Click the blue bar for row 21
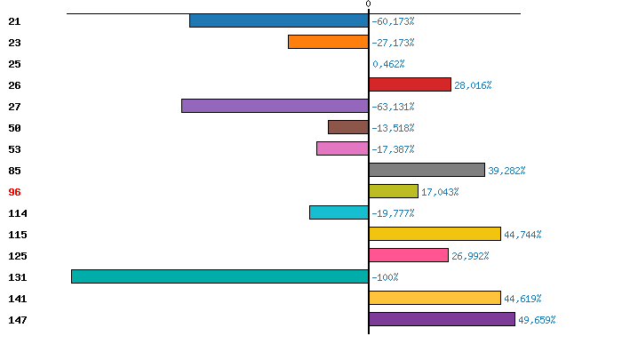[279, 20]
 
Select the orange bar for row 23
[328, 42]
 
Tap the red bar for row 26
[410, 84]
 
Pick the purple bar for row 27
[275, 106]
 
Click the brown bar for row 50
[347, 127]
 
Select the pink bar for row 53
[342, 148]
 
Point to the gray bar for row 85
[427, 170]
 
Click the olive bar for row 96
[393, 191]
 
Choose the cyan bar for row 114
[339, 212]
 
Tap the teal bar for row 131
[219, 276]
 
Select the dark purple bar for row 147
[442, 319]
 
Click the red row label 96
[14, 192]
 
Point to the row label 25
[14, 64]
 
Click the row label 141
[17, 299]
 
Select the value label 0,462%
[388, 64]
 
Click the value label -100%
[385, 277]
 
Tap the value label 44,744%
[522, 235]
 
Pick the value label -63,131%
[393, 107]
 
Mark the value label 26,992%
[470, 256]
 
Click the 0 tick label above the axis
[368, 4]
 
